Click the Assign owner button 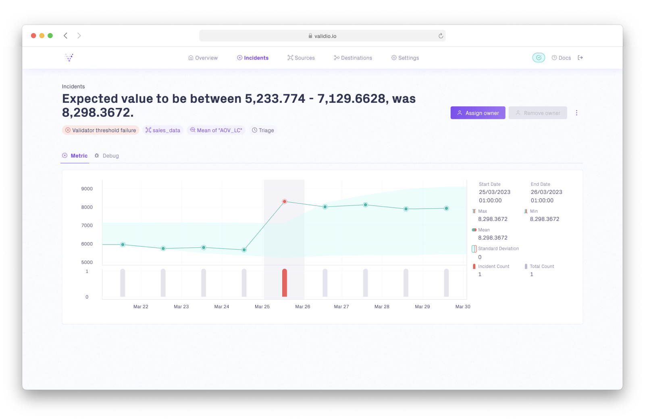[x=478, y=113]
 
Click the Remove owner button [x=538, y=113]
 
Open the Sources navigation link [x=301, y=58]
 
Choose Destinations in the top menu [x=353, y=58]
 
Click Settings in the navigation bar [x=405, y=58]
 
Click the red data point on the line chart [x=285, y=201]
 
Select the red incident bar [x=285, y=283]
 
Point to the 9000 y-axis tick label [x=87, y=189]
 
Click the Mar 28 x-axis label [x=382, y=307]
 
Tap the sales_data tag [x=163, y=130]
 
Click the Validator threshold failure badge [x=101, y=130]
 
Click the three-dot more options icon [x=576, y=113]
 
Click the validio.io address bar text [x=325, y=36]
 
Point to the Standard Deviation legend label [x=498, y=249]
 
